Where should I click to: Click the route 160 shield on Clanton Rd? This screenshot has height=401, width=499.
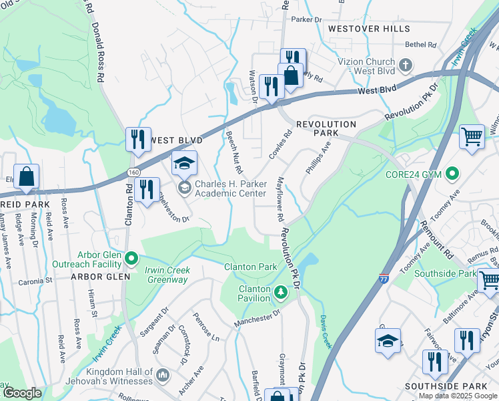click(x=133, y=172)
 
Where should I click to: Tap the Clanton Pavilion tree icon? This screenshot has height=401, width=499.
click(x=281, y=291)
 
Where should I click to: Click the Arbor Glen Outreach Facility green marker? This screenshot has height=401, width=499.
click(x=131, y=257)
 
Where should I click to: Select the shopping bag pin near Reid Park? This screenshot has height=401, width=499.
click(x=26, y=177)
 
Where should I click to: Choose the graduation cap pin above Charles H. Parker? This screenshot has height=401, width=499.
click(x=185, y=162)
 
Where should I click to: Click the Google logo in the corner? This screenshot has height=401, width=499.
click(x=22, y=393)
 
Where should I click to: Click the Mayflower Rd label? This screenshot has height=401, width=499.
click(x=280, y=200)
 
